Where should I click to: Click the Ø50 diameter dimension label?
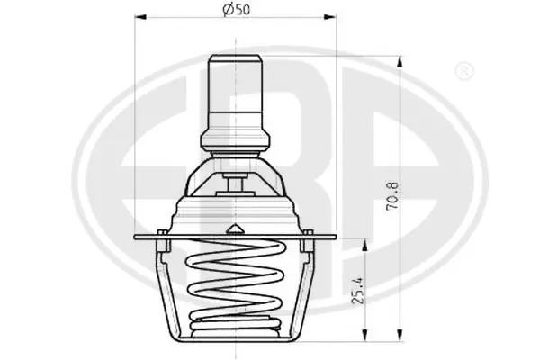(x=236, y=9)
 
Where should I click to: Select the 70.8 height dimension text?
(x=392, y=195)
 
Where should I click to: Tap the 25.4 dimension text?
(x=358, y=292)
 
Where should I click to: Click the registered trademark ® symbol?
(x=464, y=72)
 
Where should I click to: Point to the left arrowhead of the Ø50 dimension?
(x=140, y=16)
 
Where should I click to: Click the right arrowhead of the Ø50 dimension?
(x=329, y=16)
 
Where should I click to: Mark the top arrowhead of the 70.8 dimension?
(x=400, y=62)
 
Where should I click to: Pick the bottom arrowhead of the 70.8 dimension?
(x=400, y=336)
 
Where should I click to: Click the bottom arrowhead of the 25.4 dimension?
(x=364, y=336)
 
